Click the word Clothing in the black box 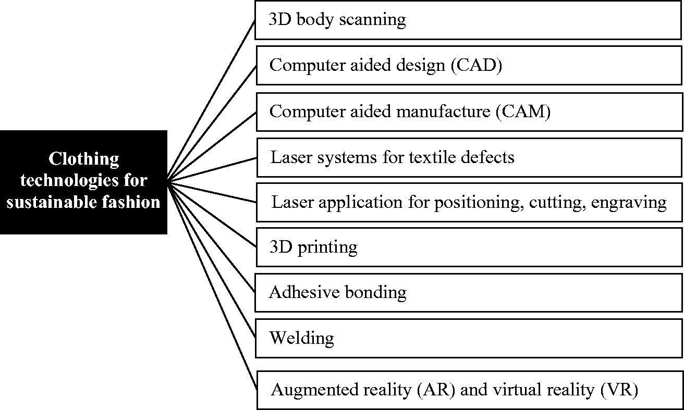pos(83,159)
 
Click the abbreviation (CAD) pos(477,65)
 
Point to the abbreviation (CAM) pos(523,111)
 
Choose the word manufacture pos(443,111)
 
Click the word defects pos(487,157)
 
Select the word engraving pos(629,203)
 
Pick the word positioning pos(479,203)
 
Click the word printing pos(327,247)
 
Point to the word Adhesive pos(304,292)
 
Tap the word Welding pos(302,339)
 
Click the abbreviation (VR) pos(619,390)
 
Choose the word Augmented pos(315,390)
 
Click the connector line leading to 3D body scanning pos(211,100)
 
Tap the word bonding pos(376,293)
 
